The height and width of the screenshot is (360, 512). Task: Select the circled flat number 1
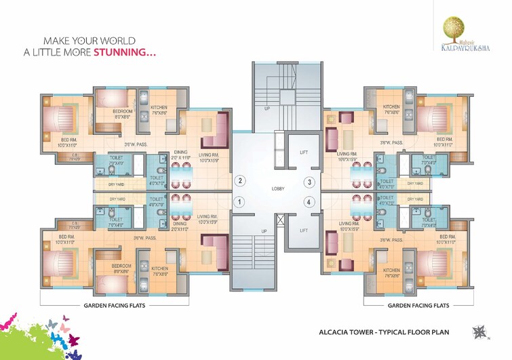coord(239,201)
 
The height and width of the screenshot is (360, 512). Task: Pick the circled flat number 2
coord(239,181)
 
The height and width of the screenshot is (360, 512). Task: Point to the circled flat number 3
coord(309,182)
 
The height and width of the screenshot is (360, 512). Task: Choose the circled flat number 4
coord(309,201)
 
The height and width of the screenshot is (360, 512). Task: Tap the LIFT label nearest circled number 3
coord(304,153)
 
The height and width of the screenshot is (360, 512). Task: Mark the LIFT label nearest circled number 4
coord(304,231)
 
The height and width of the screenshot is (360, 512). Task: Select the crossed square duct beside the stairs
coord(280,220)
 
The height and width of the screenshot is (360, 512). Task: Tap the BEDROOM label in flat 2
coord(123,111)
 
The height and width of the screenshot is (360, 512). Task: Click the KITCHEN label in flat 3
coord(392,107)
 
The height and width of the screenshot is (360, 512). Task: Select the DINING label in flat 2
coord(180,153)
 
